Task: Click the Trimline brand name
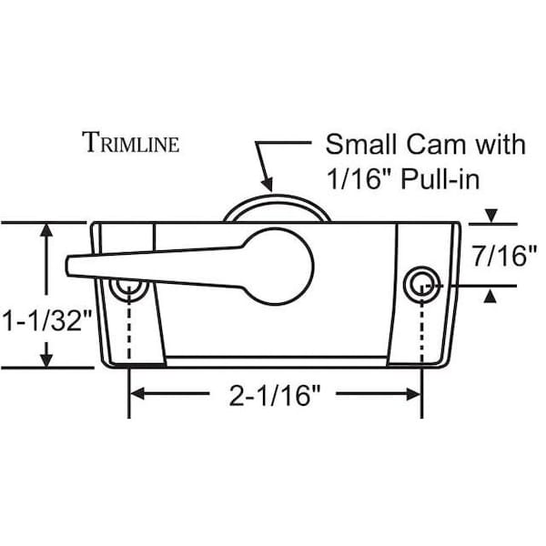pyautogui.click(x=130, y=142)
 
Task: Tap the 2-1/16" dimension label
pyautogui.click(x=274, y=395)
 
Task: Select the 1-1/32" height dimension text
pyautogui.click(x=47, y=320)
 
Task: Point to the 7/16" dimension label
pyautogui.click(x=504, y=256)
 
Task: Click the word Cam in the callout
pyautogui.click(x=436, y=144)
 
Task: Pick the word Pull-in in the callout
pyautogui.click(x=440, y=179)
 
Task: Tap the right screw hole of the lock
pyautogui.click(x=422, y=285)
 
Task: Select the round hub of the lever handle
pyautogui.click(x=277, y=267)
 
